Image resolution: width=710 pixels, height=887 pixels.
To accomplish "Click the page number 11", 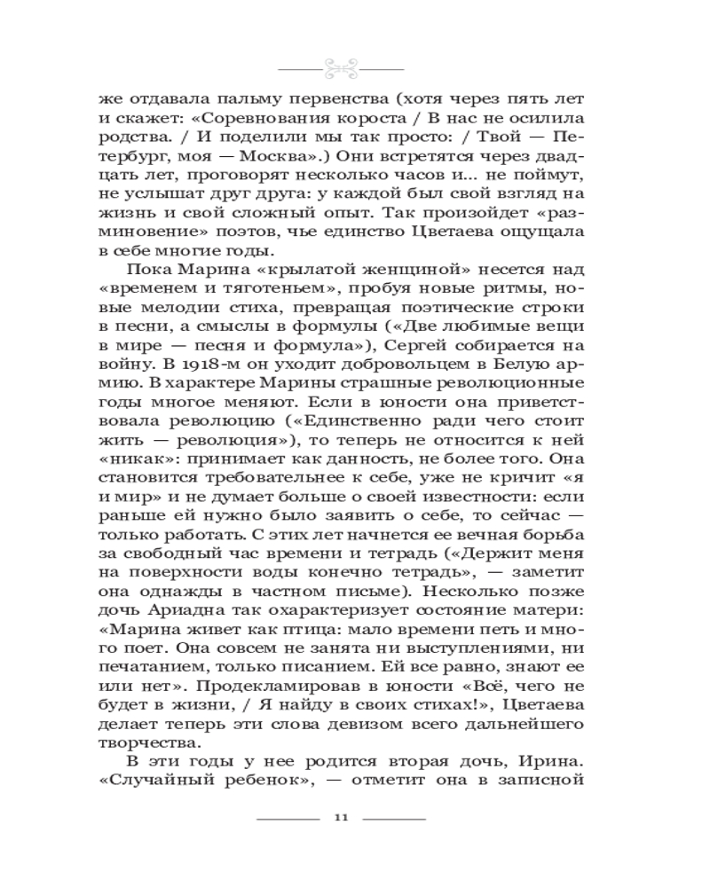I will [341, 818].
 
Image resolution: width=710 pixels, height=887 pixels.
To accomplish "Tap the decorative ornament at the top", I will [341, 67].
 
